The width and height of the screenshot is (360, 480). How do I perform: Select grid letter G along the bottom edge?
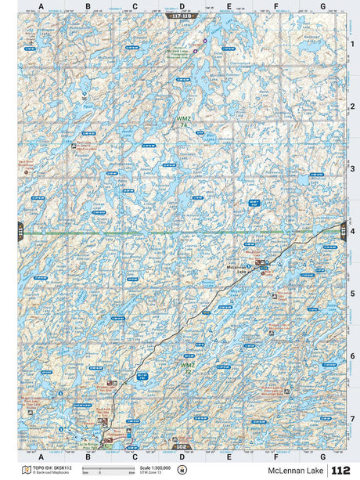pyautogui.click(x=322, y=457)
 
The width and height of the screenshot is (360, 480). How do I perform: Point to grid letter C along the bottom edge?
pyautogui.click(x=135, y=457)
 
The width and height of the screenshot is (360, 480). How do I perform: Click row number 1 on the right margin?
pyautogui.click(x=353, y=44)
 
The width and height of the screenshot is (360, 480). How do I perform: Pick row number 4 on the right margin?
pyautogui.click(x=353, y=231)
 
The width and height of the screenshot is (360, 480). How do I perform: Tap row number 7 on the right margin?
pyautogui.click(x=353, y=419)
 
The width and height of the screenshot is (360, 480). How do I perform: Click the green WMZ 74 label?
pyautogui.click(x=182, y=122)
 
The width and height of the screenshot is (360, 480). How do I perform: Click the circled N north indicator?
pyautogui.click(x=182, y=470)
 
